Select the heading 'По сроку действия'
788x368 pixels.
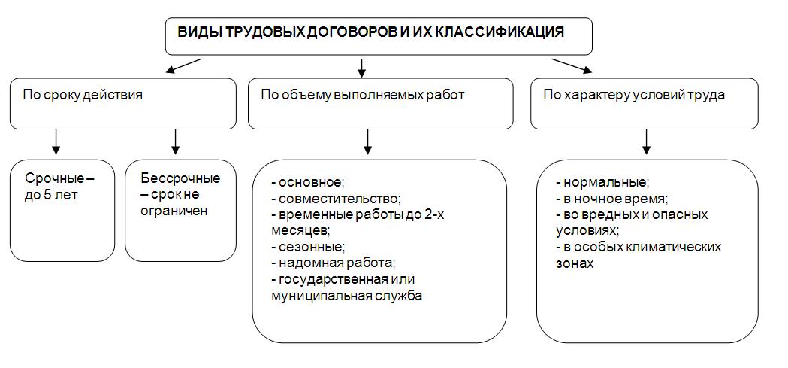tap(83, 95)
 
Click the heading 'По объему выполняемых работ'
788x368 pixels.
tap(363, 95)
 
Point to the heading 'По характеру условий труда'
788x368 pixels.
tap(634, 95)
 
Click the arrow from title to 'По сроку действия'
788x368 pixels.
tap(183, 65)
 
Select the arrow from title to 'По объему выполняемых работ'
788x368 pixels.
tap(362, 65)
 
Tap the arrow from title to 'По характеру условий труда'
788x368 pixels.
tap(572, 66)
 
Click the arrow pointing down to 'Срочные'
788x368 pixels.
tap(56, 141)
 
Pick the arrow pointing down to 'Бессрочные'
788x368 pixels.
tap(175, 141)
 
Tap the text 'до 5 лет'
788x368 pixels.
tap(51, 195)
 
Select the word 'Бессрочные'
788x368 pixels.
tap(180, 178)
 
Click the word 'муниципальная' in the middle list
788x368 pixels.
tap(320, 296)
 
